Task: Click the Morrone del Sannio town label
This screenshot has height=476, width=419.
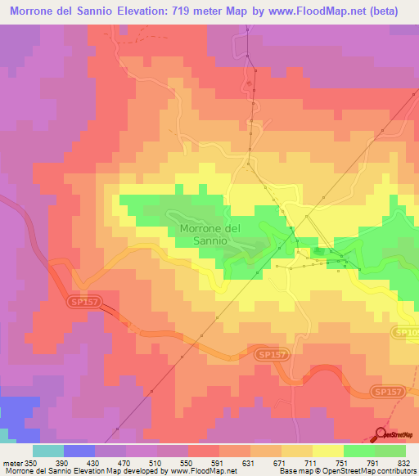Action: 209,235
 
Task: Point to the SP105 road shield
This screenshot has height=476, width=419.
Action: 408,332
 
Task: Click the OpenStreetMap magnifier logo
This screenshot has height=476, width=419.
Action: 382,435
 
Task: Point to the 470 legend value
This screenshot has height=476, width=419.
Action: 128,462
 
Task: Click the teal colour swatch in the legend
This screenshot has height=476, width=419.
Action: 48,451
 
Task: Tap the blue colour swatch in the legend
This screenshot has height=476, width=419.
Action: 79,451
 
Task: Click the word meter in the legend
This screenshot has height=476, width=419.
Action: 12,462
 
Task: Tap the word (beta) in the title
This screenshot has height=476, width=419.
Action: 393,11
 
